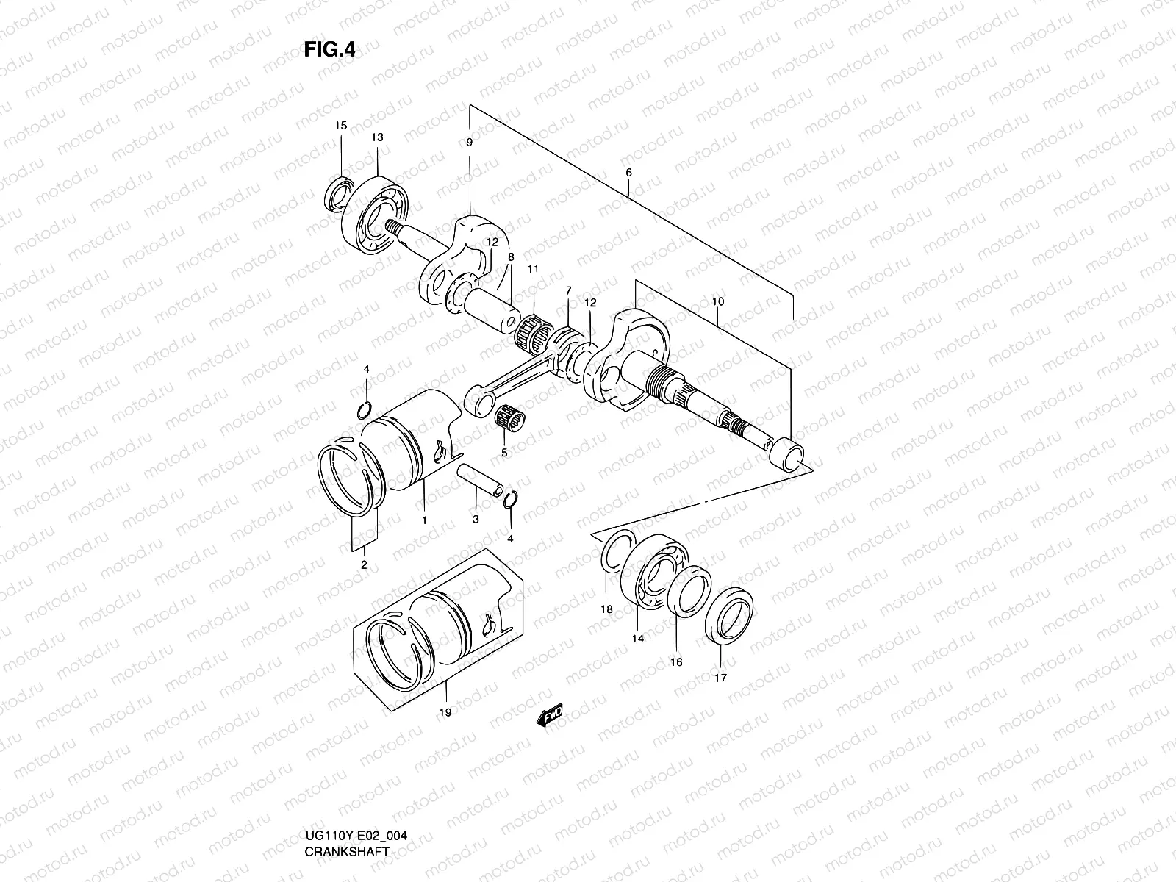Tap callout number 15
[x=340, y=126]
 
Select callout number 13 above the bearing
[x=376, y=137]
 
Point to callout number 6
[x=628, y=173]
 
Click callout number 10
[x=718, y=301]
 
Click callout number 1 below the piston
[x=424, y=520]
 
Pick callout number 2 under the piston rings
[x=363, y=564]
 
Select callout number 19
[x=445, y=711]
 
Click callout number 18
[x=606, y=609]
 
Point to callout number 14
[x=637, y=639]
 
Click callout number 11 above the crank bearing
[x=533, y=269]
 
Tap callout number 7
[x=568, y=292]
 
